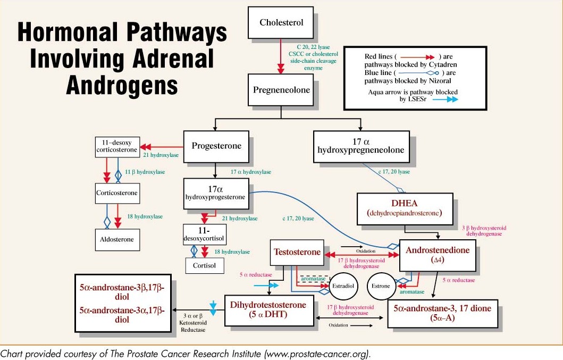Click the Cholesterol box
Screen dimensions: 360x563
point(281,22)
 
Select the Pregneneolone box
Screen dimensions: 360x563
point(282,90)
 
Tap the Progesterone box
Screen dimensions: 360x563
point(216,146)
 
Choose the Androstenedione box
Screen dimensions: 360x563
point(438,255)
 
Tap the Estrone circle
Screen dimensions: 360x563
point(380,286)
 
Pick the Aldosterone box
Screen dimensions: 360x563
point(117,239)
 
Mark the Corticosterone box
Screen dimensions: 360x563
point(117,193)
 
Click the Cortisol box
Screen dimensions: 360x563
point(205,265)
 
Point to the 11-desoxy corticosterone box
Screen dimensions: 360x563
point(116,146)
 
